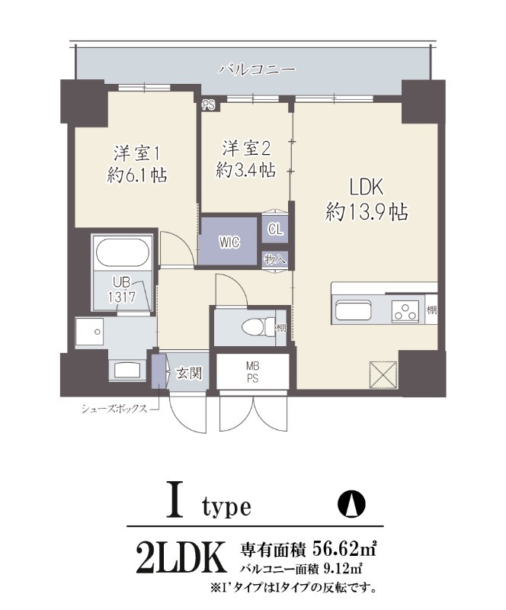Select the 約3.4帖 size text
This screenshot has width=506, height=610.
coord(245,171)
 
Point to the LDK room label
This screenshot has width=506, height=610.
coord(369,187)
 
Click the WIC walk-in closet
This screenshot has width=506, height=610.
coord(229,241)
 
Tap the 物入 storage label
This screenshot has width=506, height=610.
coord(275,258)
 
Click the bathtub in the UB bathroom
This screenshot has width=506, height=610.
coord(123,252)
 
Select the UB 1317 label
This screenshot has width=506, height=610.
coord(122,290)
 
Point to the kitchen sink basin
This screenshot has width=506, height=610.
coord(354,312)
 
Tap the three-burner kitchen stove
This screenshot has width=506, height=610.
coord(405,311)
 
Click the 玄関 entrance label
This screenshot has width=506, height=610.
coord(188,373)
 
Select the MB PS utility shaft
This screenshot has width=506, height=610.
coord(251,371)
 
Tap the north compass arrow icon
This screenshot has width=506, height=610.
coord(351,504)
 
